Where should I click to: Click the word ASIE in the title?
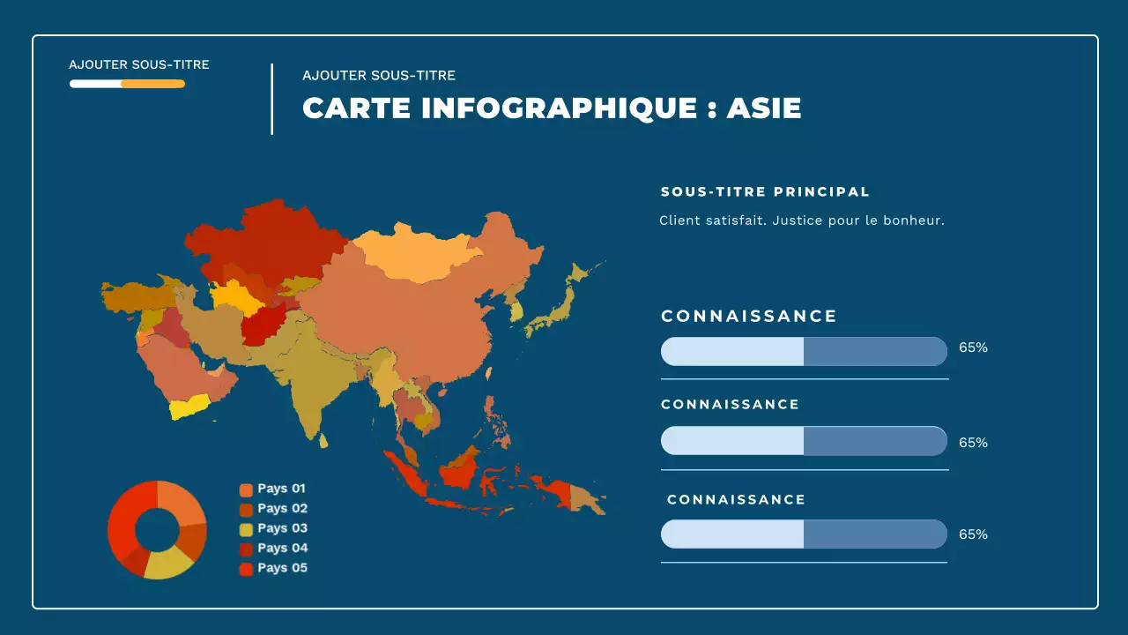764,108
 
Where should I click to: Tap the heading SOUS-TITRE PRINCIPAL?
765,191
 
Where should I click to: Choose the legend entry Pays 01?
281,489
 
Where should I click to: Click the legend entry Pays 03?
282,528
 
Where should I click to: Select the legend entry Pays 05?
282,568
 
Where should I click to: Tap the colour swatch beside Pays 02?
246,510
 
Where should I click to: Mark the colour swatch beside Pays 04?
246,549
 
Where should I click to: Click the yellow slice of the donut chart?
168,564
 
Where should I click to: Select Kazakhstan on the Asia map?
264,243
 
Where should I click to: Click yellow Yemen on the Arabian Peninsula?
189,407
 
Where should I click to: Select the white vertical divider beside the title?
271,99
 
